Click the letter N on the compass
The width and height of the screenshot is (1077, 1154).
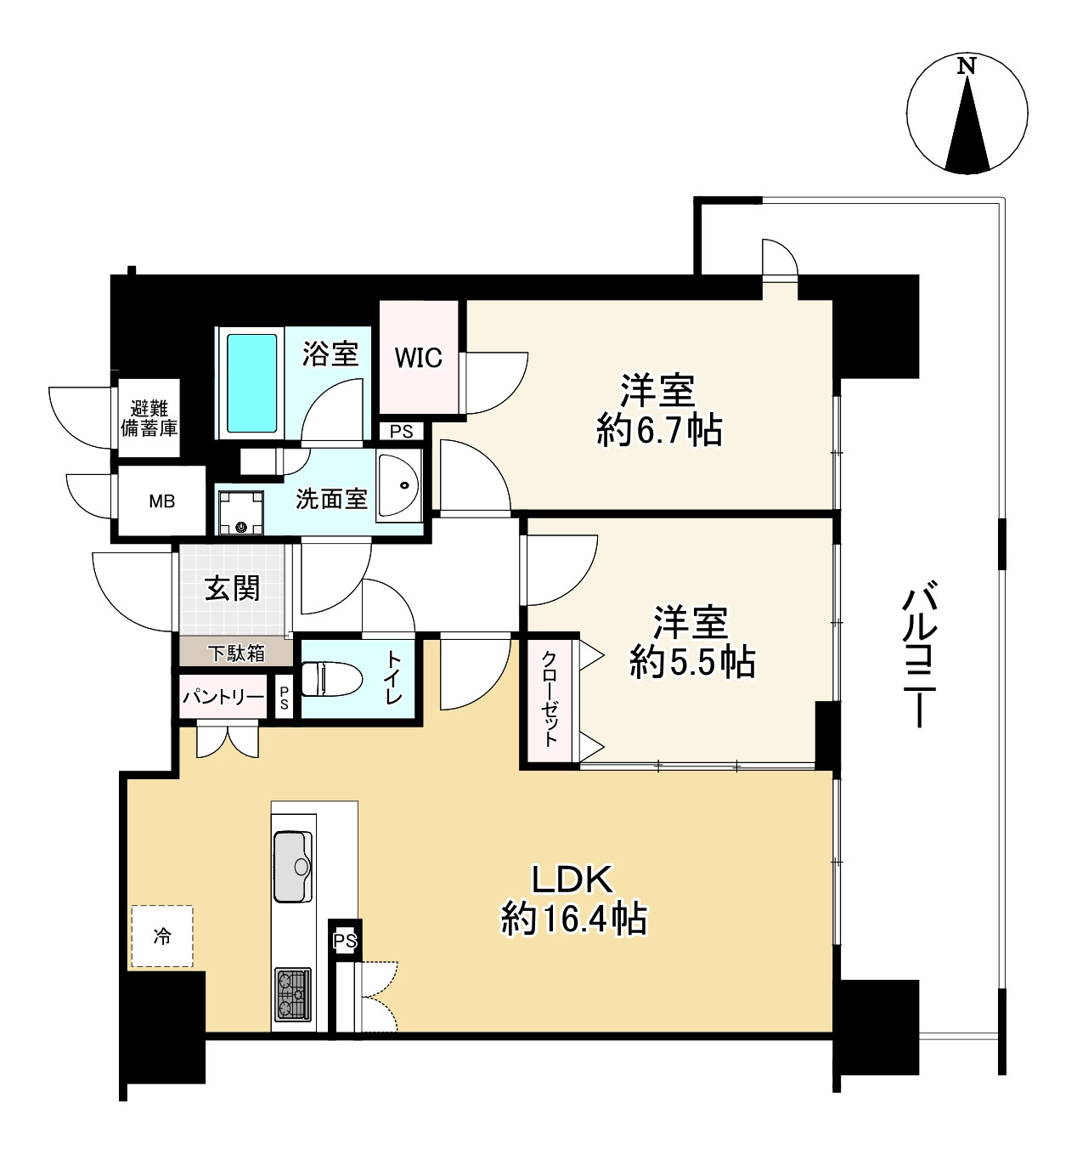point(966,65)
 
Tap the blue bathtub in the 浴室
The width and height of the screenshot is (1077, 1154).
point(251,383)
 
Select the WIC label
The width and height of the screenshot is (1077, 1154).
point(418,358)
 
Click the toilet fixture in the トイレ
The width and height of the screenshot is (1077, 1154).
point(331,679)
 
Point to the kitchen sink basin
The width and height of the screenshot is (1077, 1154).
point(293,866)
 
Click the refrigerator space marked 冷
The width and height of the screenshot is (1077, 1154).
point(162,936)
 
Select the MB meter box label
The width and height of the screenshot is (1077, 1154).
point(162,501)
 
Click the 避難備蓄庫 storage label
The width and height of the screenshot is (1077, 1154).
point(149,418)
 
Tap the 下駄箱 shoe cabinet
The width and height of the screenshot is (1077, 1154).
point(236,653)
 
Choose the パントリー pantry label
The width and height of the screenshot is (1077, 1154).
point(223,696)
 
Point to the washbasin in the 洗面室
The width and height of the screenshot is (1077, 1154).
point(399,484)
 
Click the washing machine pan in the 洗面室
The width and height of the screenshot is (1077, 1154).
point(241,512)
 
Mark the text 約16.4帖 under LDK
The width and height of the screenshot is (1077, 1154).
point(573,918)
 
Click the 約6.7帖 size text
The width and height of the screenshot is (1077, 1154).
point(659,430)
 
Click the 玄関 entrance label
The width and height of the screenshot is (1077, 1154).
point(232,589)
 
